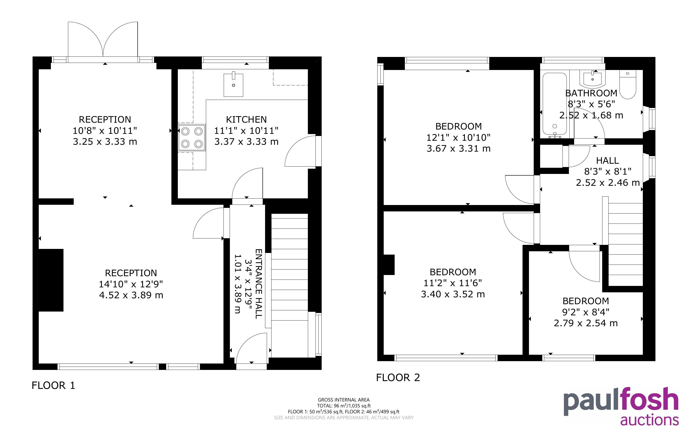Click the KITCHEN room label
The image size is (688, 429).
click(x=246, y=119)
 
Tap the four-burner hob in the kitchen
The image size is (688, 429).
click(x=192, y=138)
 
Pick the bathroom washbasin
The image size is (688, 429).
click(x=592, y=79)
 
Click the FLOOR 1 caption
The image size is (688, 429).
click(x=53, y=385)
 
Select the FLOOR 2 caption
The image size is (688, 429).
click(x=398, y=377)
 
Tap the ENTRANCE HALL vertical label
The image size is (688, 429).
click(x=258, y=284)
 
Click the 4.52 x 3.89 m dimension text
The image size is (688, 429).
click(x=131, y=295)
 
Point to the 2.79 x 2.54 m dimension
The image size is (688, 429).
click(x=586, y=323)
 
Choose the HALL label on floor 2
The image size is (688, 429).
click(x=607, y=161)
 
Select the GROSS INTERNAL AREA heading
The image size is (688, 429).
click(x=344, y=400)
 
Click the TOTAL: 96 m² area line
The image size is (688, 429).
click(x=344, y=406)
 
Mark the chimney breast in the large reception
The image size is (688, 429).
click(x=51, y=280)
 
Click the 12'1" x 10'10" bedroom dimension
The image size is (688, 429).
click(x=458, y=138)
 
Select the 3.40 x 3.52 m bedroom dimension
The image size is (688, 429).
click(x=453, y=294)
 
